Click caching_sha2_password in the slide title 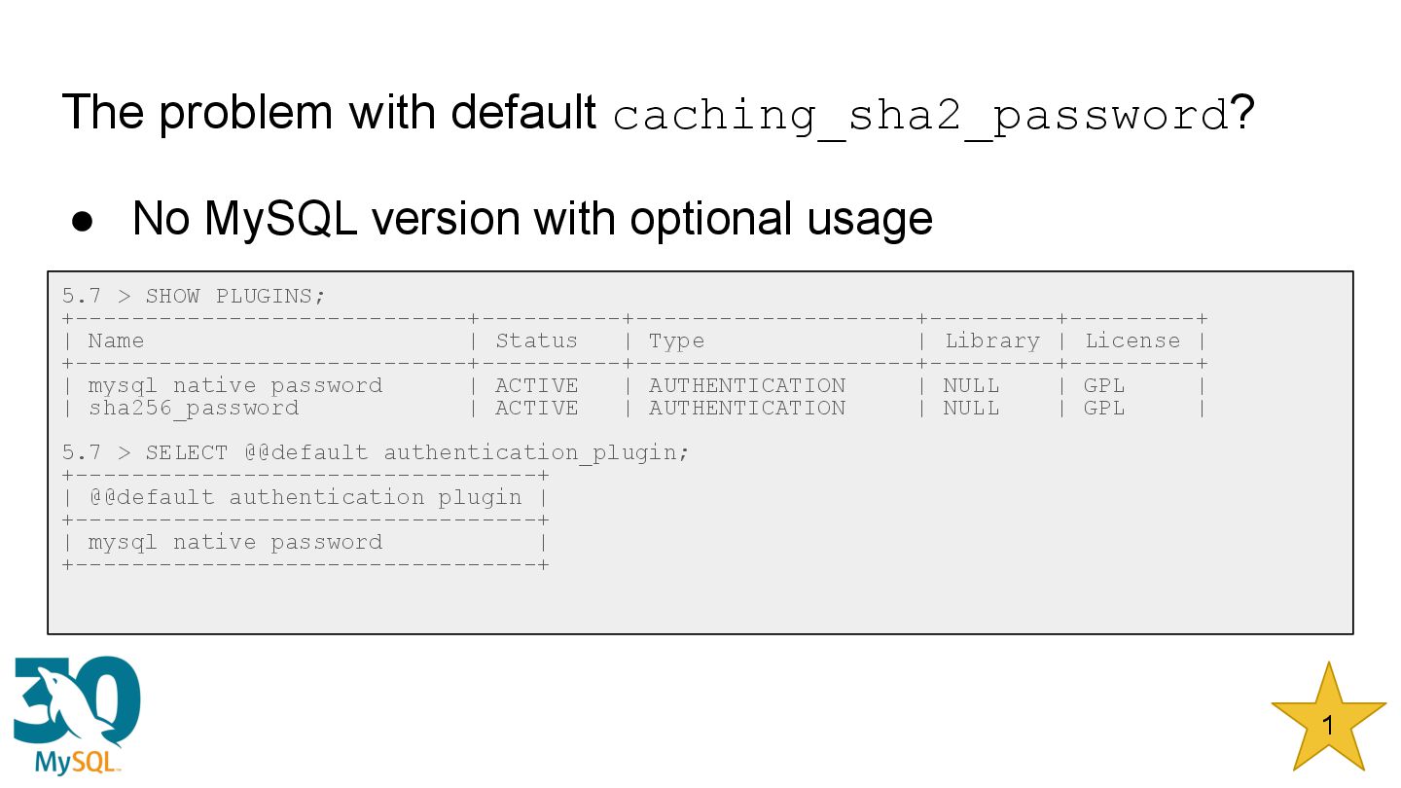pyautogui.click(x=920, y=115)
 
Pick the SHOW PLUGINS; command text pyautogui.click(x=235, y=296)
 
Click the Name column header pyautogui.click(x=116, y=340)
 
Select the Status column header pyautogui.click(x=536, y=340)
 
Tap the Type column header pyautogui.click(x=676, y=340)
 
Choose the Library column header pyautogui.click(x=991, y=340)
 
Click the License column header pyautogui.click(x=1132, y=340)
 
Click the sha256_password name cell pyautogui.click(x=194, y=408)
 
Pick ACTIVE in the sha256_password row pyautogui.click(x=536, y=408)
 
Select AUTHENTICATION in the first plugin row pyautogui.click(x=747, y=385)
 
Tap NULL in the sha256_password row pyautogui.click(x=971, y=408)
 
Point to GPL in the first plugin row pyautogui.click(x=1104, y=385)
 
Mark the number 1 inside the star pyautogui.click(x=1328, y=725)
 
